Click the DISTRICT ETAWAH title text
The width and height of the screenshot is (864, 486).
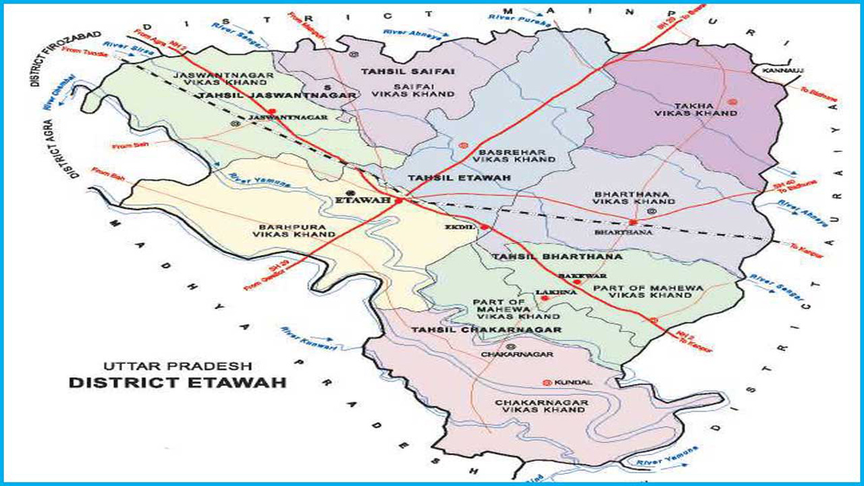coord(178,383)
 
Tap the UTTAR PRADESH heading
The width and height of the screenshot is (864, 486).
coord(178,366)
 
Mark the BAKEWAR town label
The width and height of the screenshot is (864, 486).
coord(583,276)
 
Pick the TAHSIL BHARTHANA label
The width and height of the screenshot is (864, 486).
coord(547,257)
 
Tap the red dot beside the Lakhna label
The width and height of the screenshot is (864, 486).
coord(544,298)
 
